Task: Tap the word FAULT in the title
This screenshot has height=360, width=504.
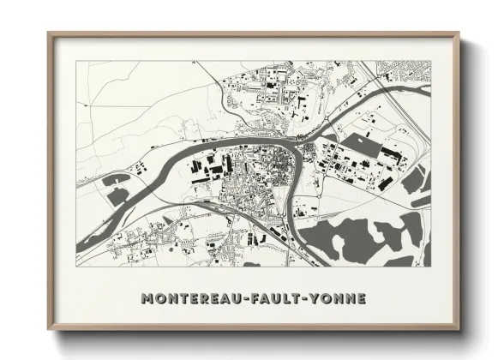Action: point(268,299)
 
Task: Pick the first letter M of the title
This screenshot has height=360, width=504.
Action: point(146,299)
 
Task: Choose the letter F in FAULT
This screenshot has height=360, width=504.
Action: point(246,299)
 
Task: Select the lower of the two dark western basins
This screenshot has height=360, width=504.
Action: point(117,196)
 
